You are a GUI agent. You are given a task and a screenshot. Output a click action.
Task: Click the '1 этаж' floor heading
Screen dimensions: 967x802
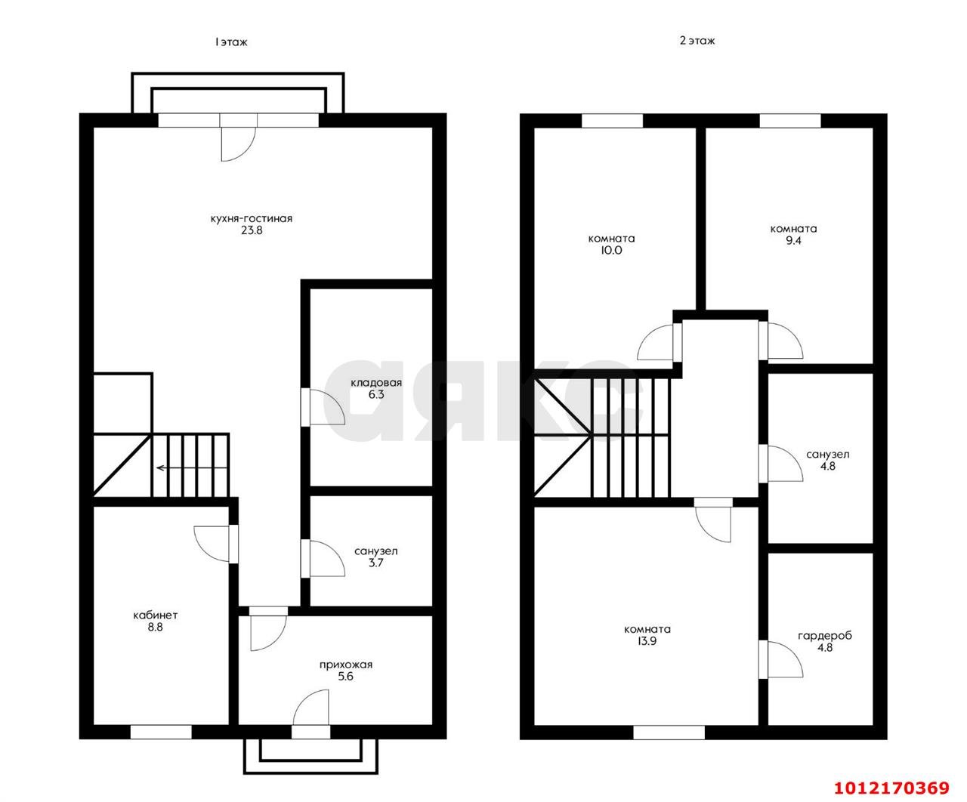(x=231, y=42)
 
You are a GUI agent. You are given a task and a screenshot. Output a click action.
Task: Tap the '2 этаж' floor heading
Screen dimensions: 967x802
(x=697, y=41)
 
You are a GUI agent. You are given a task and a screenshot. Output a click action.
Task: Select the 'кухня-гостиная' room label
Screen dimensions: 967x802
(x=252, y=218)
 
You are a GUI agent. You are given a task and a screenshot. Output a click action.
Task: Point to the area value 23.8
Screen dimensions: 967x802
(x=252, y=230)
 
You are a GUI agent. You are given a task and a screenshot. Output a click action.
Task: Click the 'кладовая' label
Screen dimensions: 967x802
(x=376, y=383)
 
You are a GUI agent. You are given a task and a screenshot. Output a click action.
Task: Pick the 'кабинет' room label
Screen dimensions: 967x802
(x=156, y=615)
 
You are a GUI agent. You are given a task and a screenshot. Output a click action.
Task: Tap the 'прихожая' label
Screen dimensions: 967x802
(x=346, y=665)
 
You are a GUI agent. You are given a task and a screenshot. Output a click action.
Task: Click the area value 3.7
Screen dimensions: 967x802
(x=375, y=563)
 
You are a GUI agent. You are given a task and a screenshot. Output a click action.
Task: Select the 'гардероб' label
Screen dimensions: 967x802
(x=825, y=636)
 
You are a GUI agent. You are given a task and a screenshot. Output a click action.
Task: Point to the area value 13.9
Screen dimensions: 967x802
(x=647, y=641)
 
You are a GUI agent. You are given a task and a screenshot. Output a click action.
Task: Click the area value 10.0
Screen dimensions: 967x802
(x=611, y=251)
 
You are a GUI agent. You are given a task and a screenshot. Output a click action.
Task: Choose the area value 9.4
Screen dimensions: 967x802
(x=793, y=240)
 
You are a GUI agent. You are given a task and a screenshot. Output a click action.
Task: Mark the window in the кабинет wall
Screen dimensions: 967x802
(x=161, y=732)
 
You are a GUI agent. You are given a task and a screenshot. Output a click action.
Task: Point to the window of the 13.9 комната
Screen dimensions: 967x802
(x=669, y=733)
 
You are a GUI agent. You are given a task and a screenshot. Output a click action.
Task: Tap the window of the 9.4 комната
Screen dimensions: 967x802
(x=790, y=121)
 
